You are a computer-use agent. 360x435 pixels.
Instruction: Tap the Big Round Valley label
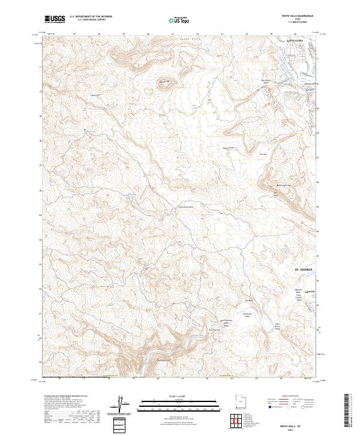252,313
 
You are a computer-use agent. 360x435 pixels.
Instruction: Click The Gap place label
262,155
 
